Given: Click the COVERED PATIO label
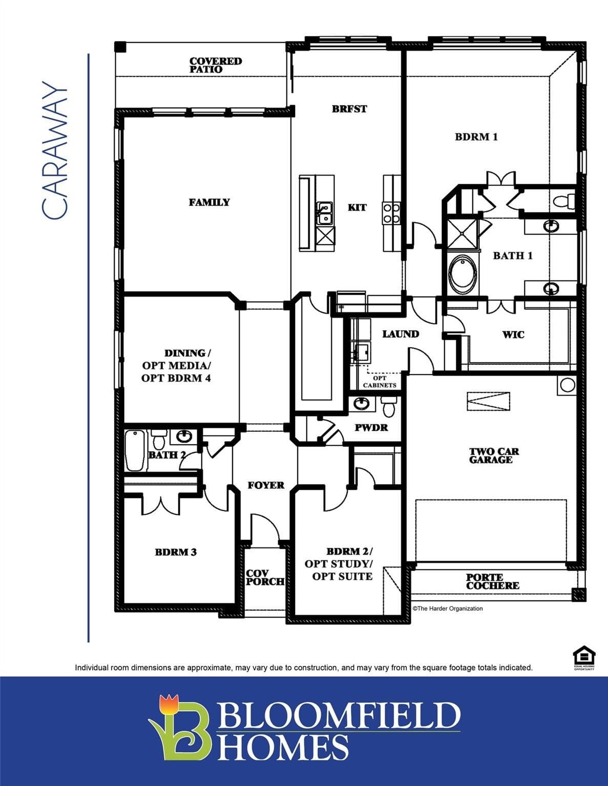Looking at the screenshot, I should tap(215, 65).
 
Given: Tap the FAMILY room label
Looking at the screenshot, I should tap(209, 202).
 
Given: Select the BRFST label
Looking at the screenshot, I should tap(349, 108).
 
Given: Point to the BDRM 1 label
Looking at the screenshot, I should tap(476, 137).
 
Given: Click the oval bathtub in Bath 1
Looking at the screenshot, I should tap(463, 274).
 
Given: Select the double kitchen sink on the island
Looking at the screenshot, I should tap(324, 213).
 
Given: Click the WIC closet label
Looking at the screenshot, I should tap(513, 334).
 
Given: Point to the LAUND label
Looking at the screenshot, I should tap(401, 334).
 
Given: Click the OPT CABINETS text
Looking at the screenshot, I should tap(380, 382).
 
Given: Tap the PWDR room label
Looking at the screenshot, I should tap(371, 427).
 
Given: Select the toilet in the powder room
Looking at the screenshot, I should tap(389, 407).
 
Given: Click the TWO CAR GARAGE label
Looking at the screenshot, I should tap(494, 455).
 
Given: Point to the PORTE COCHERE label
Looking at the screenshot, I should tap(492, 581).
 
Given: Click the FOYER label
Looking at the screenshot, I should tap(266, 485).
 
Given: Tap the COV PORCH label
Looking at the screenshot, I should tap(265, 577).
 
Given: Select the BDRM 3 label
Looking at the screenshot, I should tap(176, 552).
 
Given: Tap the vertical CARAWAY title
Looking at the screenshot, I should tap(54, 150).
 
